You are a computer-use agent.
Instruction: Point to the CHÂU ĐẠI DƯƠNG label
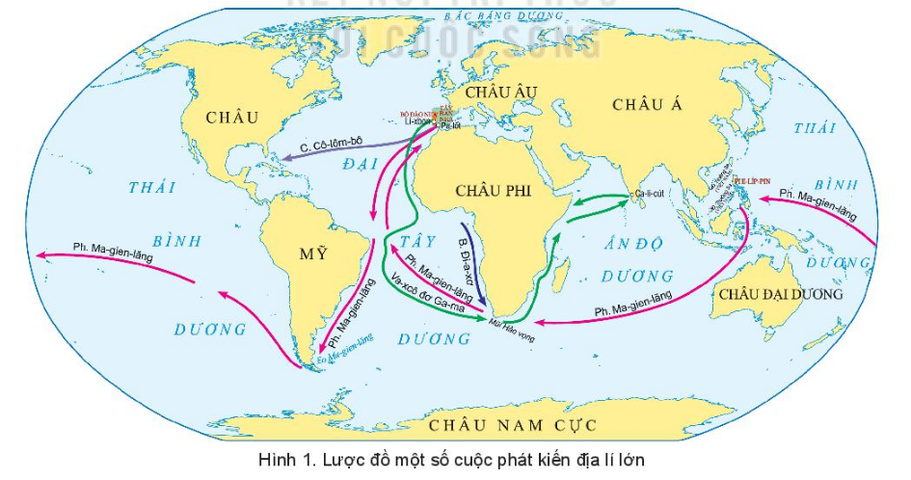(x=780, y=294)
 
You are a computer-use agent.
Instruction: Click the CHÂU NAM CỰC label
(x=513, y=425)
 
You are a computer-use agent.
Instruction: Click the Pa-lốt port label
(x=449, y=126)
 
